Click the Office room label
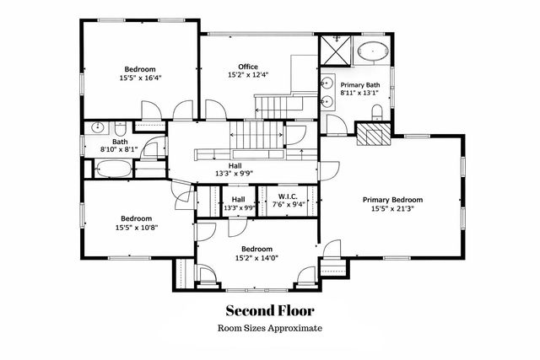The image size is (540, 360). point(247,67)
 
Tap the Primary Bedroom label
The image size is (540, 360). point(392,200)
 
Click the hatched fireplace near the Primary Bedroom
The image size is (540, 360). point(371,134)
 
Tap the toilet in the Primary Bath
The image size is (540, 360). point(378,112)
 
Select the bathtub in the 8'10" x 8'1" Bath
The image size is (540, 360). point(108,169)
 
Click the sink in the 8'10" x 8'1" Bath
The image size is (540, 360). point(98,129)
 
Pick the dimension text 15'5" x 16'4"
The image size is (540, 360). point(140,78)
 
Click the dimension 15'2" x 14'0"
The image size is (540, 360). point(256,258)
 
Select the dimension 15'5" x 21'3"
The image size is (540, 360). point(392,209)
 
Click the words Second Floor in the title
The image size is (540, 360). point(269,310)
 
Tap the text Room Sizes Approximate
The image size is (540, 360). point(269,329)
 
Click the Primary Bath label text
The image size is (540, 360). point(361,85)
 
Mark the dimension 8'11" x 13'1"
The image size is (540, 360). point(361,94)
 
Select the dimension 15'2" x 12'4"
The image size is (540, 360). point(247,75)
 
